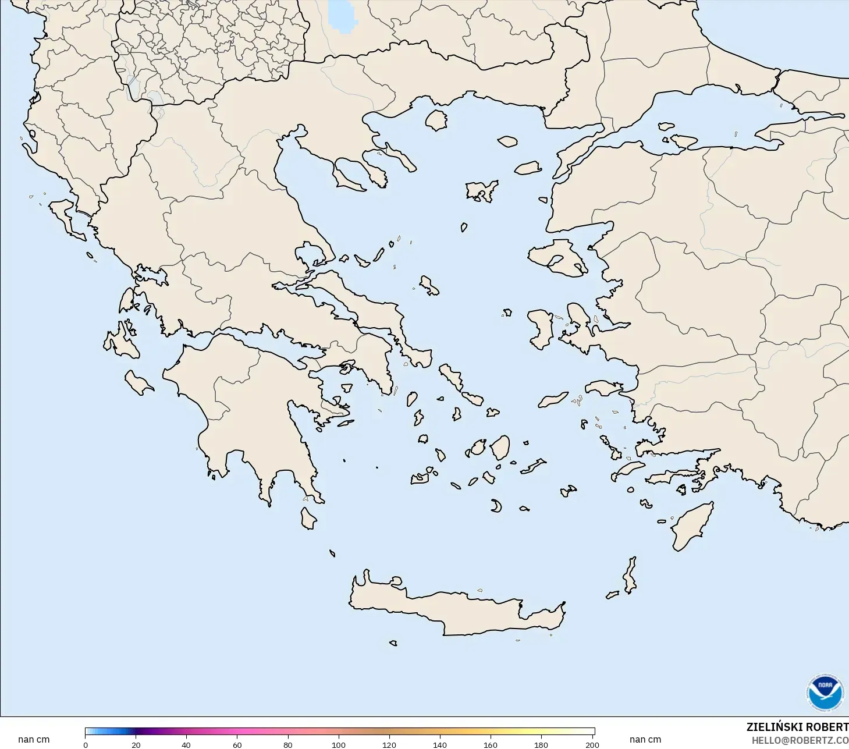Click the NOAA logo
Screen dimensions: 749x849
tap(825, 692)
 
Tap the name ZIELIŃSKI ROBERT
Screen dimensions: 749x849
tap(797, 727)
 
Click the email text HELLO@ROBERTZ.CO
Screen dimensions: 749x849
tap(800, 740)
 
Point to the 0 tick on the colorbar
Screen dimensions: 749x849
tap(86, 745)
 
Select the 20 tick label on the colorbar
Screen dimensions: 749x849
tap(136, 745)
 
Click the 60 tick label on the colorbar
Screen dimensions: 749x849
tap(237, 745)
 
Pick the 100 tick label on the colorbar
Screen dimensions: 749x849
tap(338, 745)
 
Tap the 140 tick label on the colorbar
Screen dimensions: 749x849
tap(440, 745)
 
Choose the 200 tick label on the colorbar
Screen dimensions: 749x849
tap(592, 745)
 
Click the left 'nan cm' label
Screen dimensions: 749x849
tap(34, 740)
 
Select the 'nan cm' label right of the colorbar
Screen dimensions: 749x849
tap(645, 740)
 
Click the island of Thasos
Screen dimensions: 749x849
tap(436, 120)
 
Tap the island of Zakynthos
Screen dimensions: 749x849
tap(138, 384)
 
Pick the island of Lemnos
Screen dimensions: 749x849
tap(482, 190)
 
